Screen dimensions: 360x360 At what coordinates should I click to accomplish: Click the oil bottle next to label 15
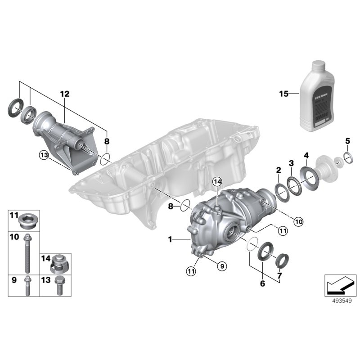316,95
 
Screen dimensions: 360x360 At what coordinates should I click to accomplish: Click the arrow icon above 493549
337,285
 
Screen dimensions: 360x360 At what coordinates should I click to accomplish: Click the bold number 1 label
171,240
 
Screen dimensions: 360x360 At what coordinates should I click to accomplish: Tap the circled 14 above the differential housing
217,182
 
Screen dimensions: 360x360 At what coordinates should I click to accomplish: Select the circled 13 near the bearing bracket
43,155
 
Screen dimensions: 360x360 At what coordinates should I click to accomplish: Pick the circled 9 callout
220,266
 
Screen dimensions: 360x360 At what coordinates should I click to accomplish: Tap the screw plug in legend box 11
28,220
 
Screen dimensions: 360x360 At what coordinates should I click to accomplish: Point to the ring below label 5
348,157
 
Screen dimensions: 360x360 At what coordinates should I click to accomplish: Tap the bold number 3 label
291,163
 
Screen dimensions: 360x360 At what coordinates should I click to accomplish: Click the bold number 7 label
279,275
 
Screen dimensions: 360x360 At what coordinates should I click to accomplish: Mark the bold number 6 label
261,283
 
